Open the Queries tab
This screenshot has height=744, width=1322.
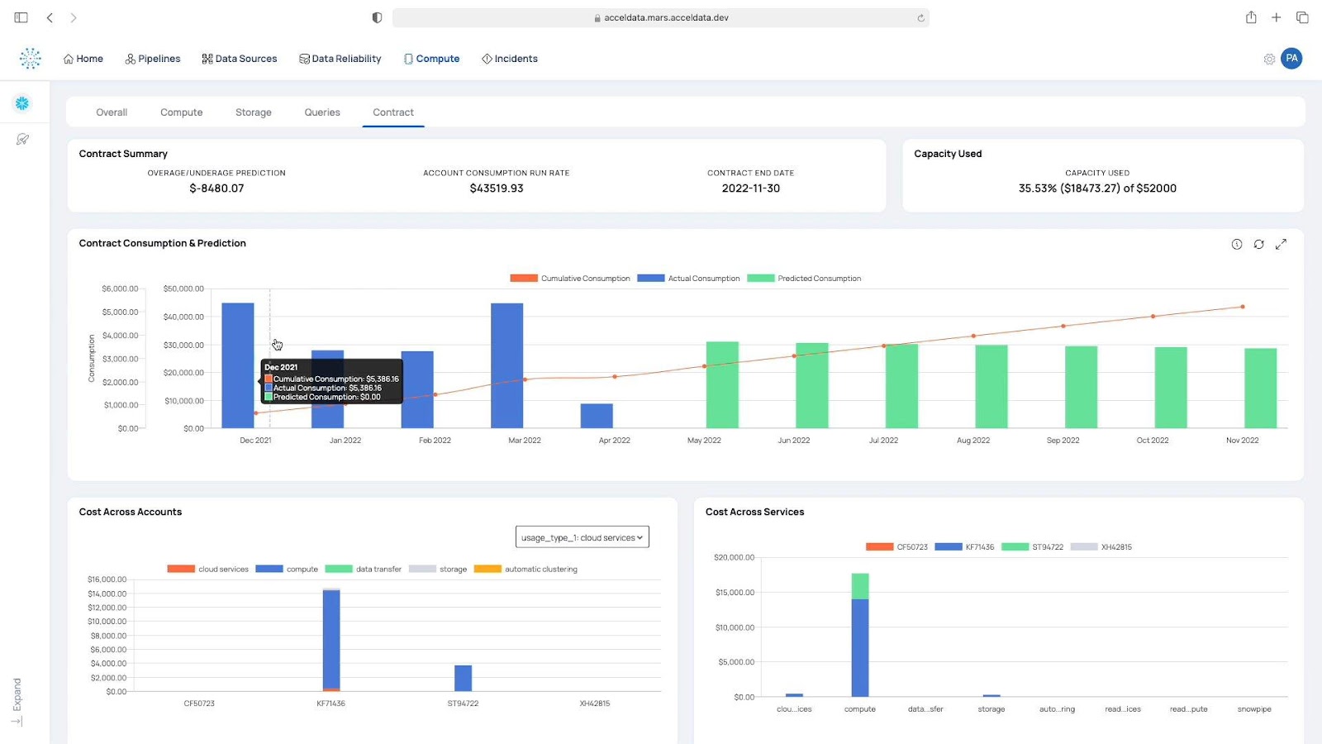(321, 112)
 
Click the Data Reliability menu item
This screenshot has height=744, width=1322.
(340, 59)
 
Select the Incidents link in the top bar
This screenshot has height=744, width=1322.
(510, 59)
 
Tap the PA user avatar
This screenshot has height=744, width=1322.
(1291, 59)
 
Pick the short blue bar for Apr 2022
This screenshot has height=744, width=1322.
(597, 416)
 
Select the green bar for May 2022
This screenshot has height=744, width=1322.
(722, 384)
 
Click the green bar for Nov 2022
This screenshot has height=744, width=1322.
(1260, 388)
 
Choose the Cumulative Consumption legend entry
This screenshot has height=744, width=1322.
(570, 279)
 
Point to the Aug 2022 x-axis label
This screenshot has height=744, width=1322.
(972, 441)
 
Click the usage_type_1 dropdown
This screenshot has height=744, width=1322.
(582, 537)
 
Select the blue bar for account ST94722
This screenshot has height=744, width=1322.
(463, 678)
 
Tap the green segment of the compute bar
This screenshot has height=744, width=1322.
(860, 585)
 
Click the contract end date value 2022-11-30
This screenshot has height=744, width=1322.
(750, 188)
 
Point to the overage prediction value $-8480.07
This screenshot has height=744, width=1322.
(216, 188)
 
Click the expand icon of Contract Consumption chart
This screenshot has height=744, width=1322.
(1281, 244)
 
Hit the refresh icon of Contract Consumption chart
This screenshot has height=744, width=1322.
(1258, 244)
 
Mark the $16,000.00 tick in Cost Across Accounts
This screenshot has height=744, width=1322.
(107, 579)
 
